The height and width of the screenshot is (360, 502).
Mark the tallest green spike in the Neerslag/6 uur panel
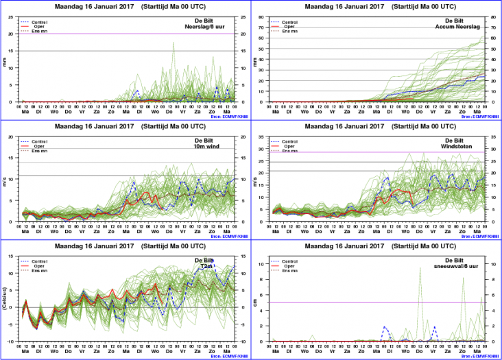(x=174, y=43)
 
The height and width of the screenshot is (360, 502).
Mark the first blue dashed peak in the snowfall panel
(x=385, y=327)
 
